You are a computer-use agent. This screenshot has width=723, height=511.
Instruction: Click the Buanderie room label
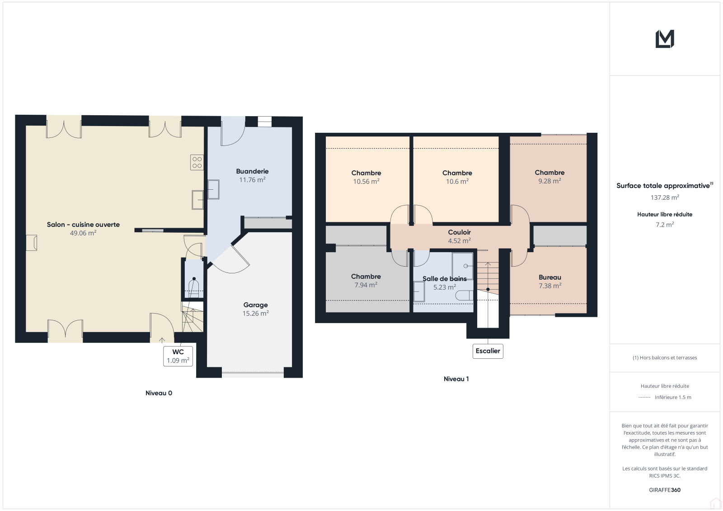[x=252, y=171]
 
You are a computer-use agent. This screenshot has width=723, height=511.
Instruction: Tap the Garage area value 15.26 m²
[x=256, y=314]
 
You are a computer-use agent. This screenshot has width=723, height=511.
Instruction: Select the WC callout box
[x=178, y=356]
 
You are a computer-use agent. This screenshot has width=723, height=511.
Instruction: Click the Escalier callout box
[x=488, y=351]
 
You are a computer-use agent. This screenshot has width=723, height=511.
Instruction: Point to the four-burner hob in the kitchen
[x=197, y=162]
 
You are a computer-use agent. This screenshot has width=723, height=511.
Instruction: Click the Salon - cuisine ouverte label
[x=83, y=225]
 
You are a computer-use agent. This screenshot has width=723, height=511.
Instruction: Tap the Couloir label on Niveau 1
[x=459, y=232]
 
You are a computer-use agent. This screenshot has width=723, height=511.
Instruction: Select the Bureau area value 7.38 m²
[x=550, y=286]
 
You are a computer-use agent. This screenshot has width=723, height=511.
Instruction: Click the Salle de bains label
[x=445, y=279]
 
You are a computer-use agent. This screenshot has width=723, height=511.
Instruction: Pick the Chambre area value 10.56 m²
[x=366, y=182]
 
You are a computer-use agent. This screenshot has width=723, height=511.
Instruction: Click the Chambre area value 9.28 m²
[x=549, y=181]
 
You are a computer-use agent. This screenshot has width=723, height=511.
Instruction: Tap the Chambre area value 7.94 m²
[x=366, y=285]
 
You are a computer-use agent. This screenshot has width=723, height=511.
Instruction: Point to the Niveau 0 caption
[x=159, y=393]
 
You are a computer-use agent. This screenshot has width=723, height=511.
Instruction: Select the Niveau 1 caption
[x=456, y=379]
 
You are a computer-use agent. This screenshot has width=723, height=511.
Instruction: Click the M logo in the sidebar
[x=665, y=39]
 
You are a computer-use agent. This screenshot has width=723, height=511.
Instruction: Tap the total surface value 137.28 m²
[x=665, y=197]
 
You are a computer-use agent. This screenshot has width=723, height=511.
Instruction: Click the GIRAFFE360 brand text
[x=665, y=490]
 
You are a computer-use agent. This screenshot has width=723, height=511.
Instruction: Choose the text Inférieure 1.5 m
[x=673, y=398]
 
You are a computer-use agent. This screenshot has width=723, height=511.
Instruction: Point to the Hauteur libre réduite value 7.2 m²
[x=665, y=225]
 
